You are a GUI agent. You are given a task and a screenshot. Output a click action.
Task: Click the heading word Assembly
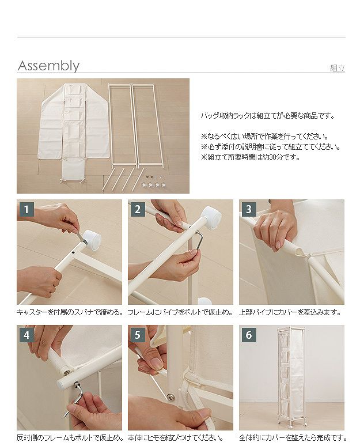click(48, 66)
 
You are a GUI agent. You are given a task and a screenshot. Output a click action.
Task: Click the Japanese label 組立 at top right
click(338, 68)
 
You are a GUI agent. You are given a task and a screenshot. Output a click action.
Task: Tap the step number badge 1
click(26, 209)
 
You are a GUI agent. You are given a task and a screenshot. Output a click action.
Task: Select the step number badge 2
click(138, 209)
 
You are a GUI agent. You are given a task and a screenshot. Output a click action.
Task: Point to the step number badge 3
click(249, 209)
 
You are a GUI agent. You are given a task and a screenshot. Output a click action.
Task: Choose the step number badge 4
click(26, 335)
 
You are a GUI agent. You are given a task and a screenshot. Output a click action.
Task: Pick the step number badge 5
click(138, 335)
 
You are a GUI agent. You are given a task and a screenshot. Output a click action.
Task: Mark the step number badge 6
click(249, 335)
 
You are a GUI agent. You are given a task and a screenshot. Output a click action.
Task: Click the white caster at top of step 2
click(212, 215)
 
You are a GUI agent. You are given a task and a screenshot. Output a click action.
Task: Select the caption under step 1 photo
click(70, 312)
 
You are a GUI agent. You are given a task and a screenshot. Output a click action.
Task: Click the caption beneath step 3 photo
click(290, 312)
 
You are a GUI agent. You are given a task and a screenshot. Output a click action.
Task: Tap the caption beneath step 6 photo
click(293, 438)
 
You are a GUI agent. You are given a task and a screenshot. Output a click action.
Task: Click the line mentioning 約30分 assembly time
click(251, 157)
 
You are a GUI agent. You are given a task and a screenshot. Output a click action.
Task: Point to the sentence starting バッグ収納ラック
click(268, 116)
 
